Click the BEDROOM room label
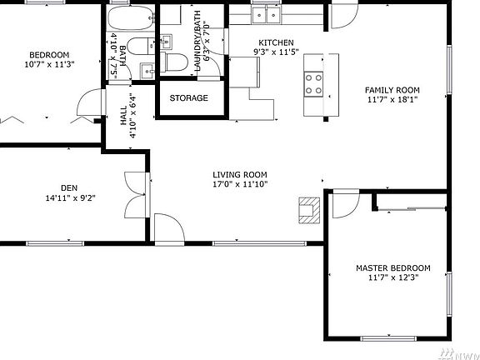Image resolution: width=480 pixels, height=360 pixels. coord(50,55)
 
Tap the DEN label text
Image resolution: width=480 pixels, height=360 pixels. coord(68,187)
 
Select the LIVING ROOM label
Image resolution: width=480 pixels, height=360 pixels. coord(240,174)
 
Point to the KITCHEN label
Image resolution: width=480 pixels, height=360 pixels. coord(276,42)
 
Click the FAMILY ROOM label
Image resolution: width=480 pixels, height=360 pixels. coord(392,90)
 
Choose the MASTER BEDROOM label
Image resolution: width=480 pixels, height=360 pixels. coord(393,267)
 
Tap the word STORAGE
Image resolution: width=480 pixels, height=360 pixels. coord(189,98)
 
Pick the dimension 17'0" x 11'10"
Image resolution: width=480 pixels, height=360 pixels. coord(240,184)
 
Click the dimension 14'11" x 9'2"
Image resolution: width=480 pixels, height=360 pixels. coord(68,197)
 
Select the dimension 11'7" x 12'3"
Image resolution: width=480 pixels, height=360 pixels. coord(393,277)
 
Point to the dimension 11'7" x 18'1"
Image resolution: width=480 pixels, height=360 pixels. coord(392,100)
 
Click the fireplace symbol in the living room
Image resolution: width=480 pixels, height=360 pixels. coord(309,210)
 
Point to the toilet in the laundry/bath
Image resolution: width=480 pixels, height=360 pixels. coord(176,62)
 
